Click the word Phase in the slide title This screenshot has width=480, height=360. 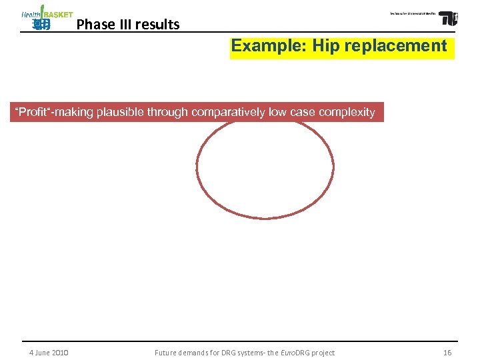click(x=93, y=25)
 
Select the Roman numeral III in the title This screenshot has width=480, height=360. click(x=121, y=25)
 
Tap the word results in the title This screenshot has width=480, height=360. click(x=157, y=25)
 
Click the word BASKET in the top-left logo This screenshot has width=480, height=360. click(x=58, y=15)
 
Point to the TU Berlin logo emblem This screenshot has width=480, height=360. click(x=448, y=17)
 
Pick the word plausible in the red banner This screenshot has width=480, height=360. click(x=120, y=112)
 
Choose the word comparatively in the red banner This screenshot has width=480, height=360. click(x=223, y=112)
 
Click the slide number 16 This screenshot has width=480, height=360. click(x=447, y=353)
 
